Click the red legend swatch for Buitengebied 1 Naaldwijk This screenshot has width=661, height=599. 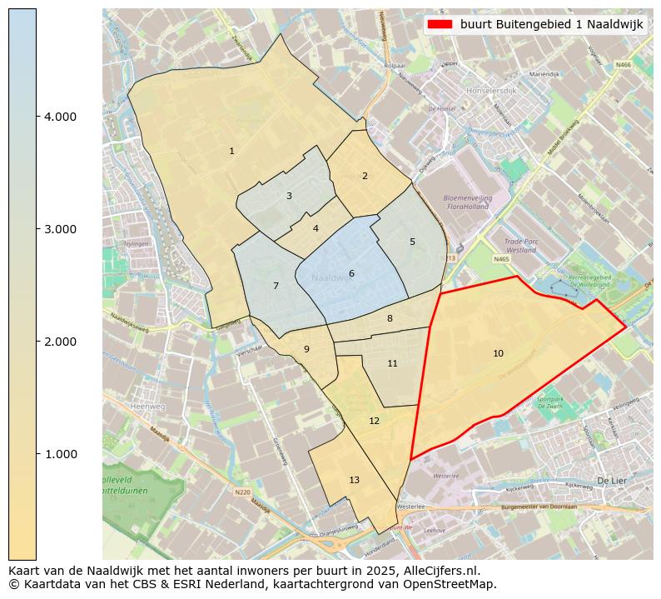[440, 24]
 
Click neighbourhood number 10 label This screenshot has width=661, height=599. [498, 354]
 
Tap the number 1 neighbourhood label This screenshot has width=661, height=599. [231, 151]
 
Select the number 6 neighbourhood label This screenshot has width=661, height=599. [351, 273]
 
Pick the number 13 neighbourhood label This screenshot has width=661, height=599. [355, 480]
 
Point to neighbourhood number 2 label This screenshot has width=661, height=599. [365, 176]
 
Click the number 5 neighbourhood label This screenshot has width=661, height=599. [412, 242]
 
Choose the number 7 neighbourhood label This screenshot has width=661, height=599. [276, 286]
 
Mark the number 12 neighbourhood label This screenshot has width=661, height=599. [374, 421]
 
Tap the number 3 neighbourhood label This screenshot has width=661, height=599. [289, 197]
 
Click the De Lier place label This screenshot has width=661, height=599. [611, 481]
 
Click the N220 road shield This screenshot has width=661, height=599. [242, 492]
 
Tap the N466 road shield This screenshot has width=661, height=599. [623, 64]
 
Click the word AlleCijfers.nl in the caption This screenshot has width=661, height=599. [439, 572]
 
